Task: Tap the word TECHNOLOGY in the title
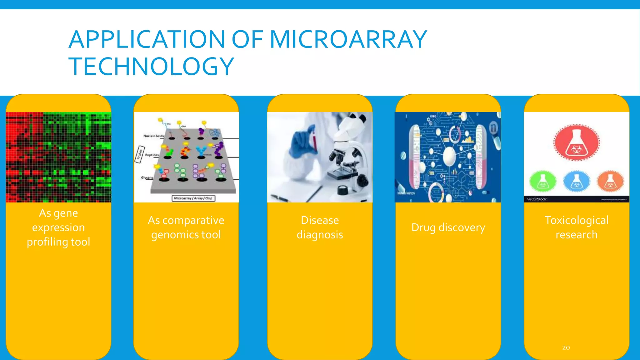[151, 67]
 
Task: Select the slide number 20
[566, 347]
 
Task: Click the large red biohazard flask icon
[577, 143]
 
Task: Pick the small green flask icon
[543, 181]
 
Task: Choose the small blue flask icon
[577, 181]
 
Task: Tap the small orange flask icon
[610, 181]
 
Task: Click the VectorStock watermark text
[537, 199]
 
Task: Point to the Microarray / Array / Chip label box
[193, 198]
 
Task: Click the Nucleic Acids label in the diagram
[153, 136]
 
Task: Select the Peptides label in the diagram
[152, 155]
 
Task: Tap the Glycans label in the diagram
[147, 177]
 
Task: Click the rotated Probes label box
[140, 154]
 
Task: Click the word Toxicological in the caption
[577, 220]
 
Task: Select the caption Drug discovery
[448, 227]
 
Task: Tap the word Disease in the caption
[320, 220]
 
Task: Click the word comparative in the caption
[193, 220]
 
